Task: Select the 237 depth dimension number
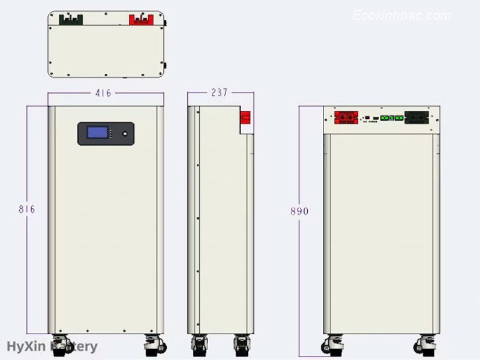pyautogui.click(x=219, y=93)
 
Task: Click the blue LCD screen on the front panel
pyautogui.click(x=98, y=133)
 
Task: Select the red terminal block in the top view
pyautogui.click(x=141, y=19)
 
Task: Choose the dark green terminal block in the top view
pyautogui.click(x=71, y=19)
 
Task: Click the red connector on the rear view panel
pyautogui.click(x=346, y=116)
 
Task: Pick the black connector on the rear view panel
pyautogui.click(x=418, y=116)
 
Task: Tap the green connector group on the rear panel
pyautogui.click(x=389, y=117)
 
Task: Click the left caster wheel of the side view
pyautogui.click(x=199, y=346)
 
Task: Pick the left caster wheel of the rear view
pyautogui.click(x=331, y=346)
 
